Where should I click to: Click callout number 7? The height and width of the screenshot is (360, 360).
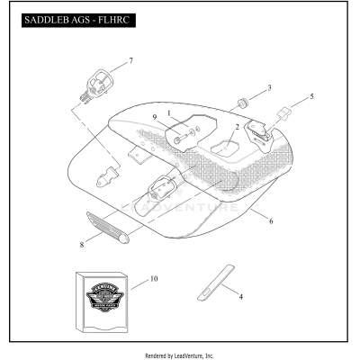(x=130, y=60)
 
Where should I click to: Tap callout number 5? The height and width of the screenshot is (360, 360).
(x=311, y=95)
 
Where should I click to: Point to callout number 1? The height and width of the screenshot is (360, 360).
(x=168, y=112)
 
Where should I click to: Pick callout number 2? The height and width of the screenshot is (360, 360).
(x=237, y=127)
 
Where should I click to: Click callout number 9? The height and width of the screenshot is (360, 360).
(x=155, y=118)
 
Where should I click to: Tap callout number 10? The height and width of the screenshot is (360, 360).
(x=153, y=280)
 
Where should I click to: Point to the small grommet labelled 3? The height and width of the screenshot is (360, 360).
(x=241, y=97)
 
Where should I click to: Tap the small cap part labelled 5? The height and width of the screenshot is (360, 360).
(x=284, y=113)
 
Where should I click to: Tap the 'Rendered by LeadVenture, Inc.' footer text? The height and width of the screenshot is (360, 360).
(x=180, y=355)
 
